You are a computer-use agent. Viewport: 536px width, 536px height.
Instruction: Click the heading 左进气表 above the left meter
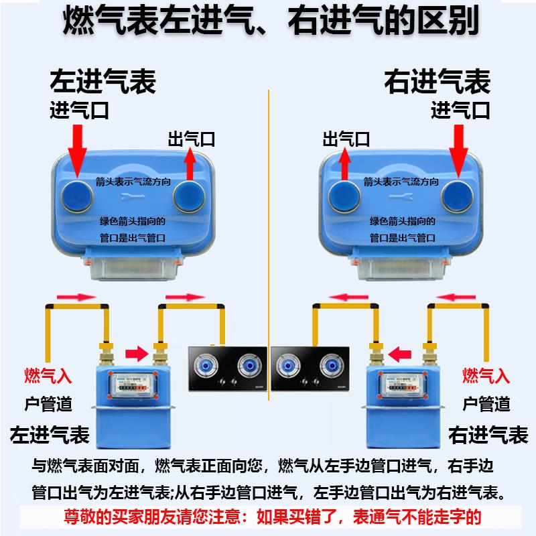(103, 82)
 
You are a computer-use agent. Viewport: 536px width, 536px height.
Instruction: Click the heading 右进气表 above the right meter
(437, 82)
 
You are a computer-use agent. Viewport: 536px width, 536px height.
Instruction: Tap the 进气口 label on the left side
(79, 110)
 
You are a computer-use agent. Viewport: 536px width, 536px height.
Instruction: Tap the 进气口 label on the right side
(460, 110)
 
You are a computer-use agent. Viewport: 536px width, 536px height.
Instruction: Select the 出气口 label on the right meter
(346, 139)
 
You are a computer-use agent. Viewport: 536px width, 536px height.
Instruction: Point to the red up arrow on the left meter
(190, 165)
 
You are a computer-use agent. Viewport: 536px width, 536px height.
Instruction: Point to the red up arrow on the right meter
(346, 165)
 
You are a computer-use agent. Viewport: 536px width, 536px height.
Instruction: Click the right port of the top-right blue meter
(457, 194)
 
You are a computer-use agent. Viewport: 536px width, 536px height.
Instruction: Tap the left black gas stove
(226, 368)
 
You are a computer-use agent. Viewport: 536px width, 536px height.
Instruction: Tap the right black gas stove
(310, 368)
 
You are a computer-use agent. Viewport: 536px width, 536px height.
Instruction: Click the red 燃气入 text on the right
(486, 375)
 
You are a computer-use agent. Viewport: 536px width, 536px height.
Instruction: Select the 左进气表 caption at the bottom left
(50, 434)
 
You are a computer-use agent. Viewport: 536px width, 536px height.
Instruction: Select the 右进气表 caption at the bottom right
(488, 434)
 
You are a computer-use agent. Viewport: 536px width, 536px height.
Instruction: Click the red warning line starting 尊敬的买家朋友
(268, 517)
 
